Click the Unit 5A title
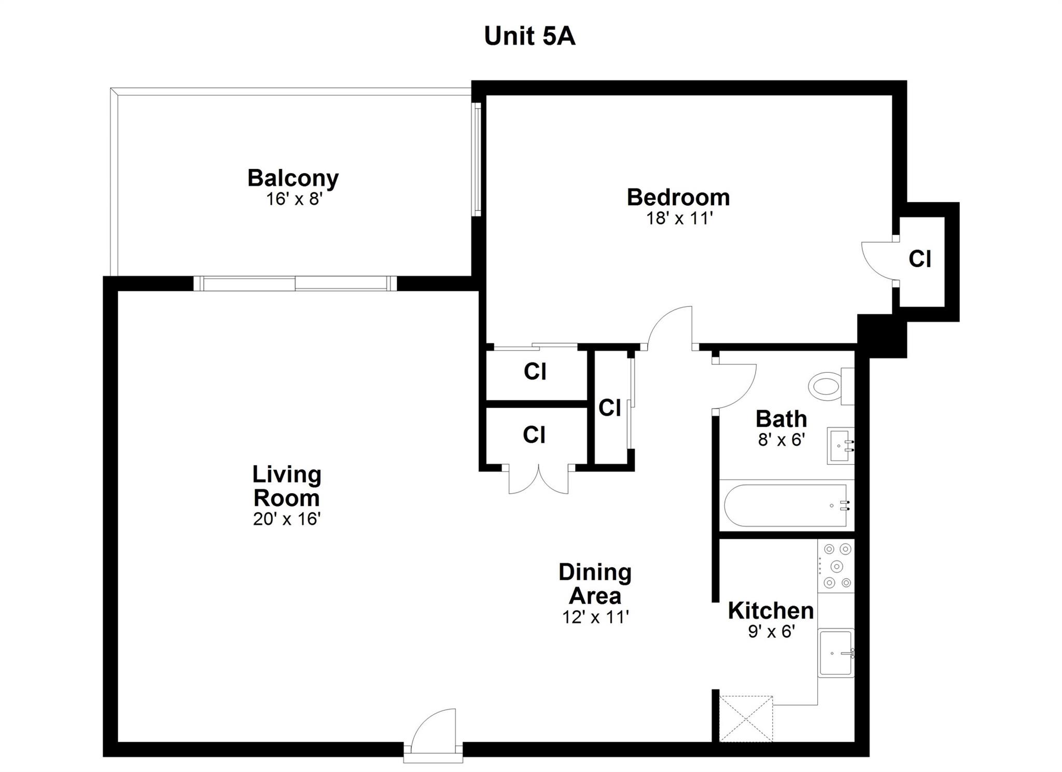(x=529, y=36)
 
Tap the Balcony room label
(x=293, y=178)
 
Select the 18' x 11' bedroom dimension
(x=678, y=218)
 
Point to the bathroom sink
(x=841, y=446)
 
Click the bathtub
(x=787, y=505)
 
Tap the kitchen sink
(x=836, y=653)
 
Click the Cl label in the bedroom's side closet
(x=920, y=259)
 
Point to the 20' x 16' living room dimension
(x=287, y=519)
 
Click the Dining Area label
(x=595, y=584)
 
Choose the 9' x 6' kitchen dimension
(x=772, y=631)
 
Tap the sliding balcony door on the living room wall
(x=295, y=284)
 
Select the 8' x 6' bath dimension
(x=781, y=440)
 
